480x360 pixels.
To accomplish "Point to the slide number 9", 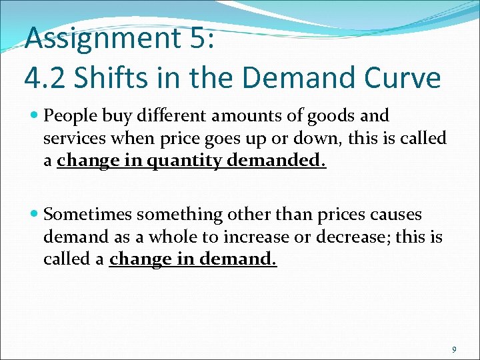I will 454,349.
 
